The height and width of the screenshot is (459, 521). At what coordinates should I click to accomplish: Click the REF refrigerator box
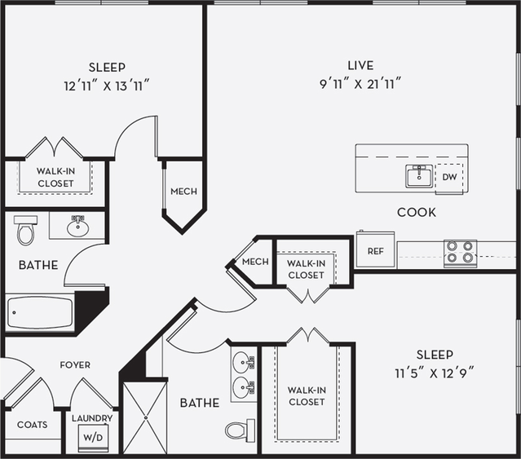coord(375,250)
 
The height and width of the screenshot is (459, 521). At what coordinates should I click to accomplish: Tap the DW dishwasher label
coord(449,177)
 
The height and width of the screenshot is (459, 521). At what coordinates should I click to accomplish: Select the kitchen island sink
coord(419,175)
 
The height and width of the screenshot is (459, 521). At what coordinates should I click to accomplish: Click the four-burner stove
coord(460,253)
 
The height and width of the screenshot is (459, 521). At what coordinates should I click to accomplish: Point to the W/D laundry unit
coord(91,437)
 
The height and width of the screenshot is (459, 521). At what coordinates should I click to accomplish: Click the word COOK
coord(416,212)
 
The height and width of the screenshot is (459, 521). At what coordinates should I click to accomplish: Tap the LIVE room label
coord(360,65)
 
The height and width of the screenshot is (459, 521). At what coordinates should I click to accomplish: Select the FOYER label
coord(75,365)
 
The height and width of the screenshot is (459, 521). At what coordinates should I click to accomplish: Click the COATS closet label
coord(32,425)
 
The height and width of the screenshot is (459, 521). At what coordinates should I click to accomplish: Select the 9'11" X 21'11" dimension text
coord(360,82)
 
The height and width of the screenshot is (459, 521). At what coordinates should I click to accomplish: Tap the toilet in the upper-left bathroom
coord(25,231)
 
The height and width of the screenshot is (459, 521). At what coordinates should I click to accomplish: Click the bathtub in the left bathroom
coord(40,311)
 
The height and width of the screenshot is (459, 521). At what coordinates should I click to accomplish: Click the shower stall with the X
coord(144,417)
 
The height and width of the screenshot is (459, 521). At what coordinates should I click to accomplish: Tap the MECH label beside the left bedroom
coord(183,192)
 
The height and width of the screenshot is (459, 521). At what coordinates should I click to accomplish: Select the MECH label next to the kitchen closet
coord(255,262)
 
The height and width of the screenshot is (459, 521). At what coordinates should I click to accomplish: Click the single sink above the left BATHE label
coord(77,226)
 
